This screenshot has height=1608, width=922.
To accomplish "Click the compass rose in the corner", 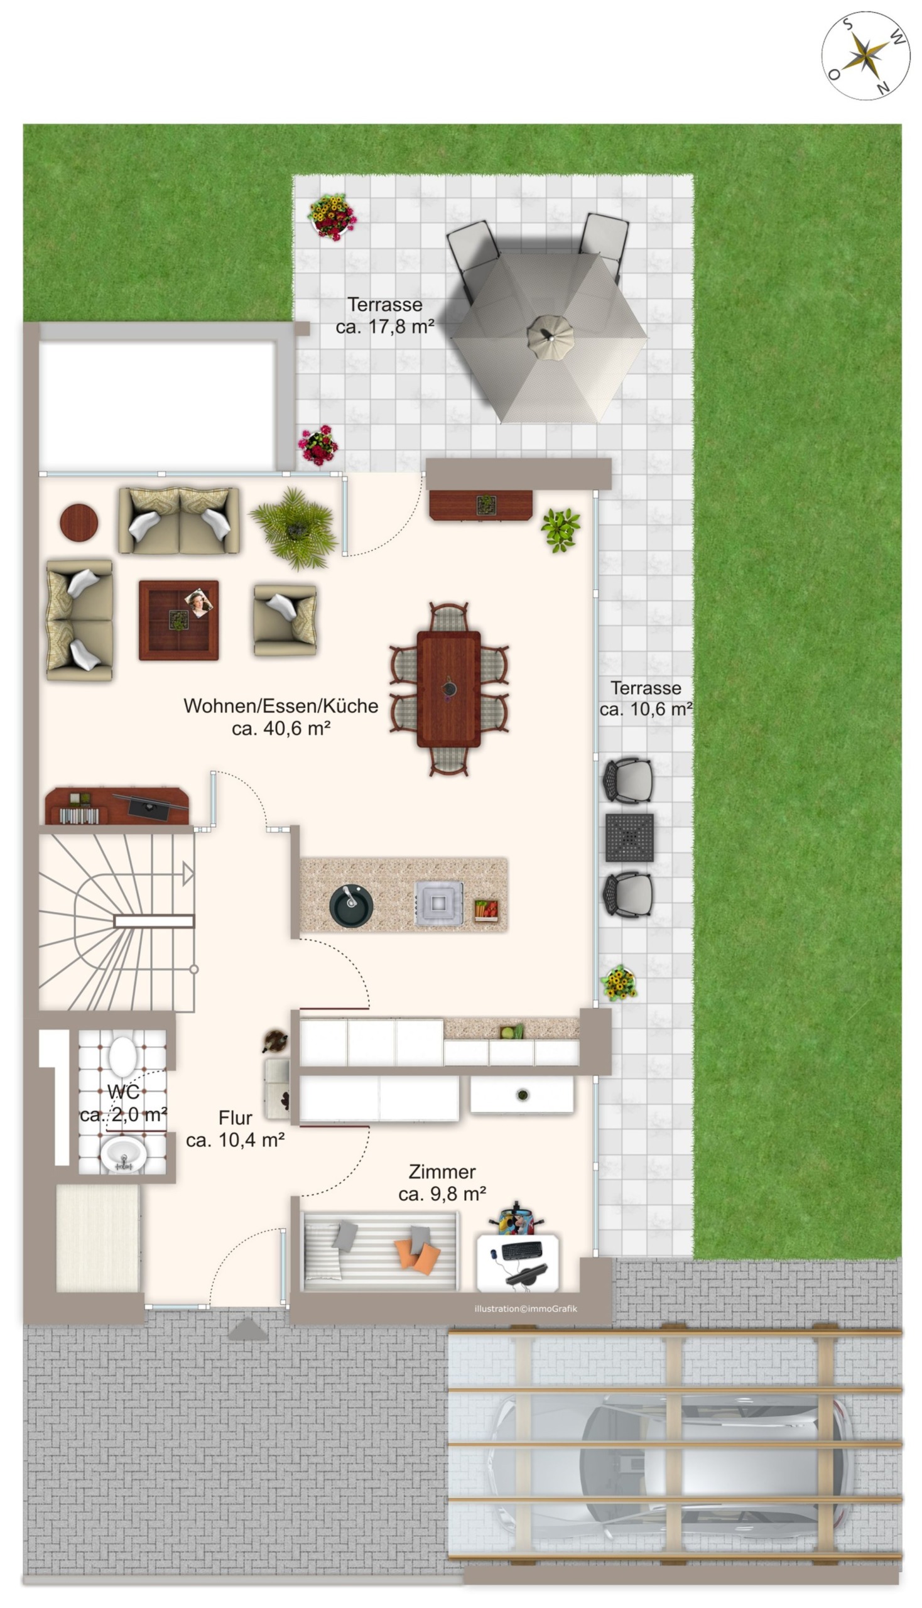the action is click(x=865, y=56).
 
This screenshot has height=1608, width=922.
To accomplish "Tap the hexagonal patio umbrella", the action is click(x=550, y=337).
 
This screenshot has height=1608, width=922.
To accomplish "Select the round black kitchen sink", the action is click(x=351, y=906).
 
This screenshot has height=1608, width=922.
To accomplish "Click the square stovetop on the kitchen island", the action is click(x=438, y=904).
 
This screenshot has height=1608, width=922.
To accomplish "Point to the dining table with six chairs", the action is click(x=448, y=689).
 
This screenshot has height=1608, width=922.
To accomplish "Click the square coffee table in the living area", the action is click(x=178, y=620).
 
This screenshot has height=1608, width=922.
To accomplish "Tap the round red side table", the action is click(x=79, y=523).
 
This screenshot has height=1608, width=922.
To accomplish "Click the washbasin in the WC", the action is click(x=124, y=1154).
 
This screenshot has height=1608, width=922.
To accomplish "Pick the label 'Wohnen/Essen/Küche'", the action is click(x=281, y=705).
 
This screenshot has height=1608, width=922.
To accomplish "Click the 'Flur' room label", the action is click(x=235, y=1117).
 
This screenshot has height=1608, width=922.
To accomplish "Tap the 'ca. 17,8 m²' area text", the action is click(x=385, y=327).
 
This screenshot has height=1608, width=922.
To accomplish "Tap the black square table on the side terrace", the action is click(x=629, y=838).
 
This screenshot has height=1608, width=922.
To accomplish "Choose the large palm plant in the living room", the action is click(x=294, y=528).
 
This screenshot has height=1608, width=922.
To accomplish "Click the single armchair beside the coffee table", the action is click(x=285, y=619).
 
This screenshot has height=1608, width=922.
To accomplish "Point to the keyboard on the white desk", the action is click(x=521, y=1250).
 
